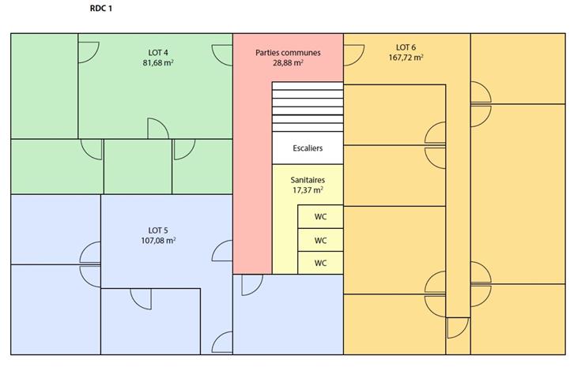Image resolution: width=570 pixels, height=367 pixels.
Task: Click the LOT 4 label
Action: tap(158, 52)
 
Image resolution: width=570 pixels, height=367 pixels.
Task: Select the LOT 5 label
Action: tap(158, 230)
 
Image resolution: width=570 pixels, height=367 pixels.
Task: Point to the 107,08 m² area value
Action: tap(158, 241)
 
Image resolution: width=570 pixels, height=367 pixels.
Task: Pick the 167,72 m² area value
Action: tap(405, 57)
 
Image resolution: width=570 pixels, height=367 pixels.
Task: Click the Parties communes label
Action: tap(288, 52)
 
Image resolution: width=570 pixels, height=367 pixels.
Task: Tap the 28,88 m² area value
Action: tap(288, 62)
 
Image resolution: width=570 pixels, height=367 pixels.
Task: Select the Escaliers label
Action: tap(308, 148)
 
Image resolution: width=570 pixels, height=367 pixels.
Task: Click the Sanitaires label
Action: tap(308, 179)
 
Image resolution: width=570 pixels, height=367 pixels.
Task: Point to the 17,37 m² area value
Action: tap(308, 189)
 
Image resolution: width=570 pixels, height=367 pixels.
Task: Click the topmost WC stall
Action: tap(320, 217)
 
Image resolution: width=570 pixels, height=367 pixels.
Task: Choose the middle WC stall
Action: tap(320, 240)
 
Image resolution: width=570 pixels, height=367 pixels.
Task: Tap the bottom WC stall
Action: tap(320, 263)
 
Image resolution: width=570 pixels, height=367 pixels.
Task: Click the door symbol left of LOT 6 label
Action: tap(353, 54)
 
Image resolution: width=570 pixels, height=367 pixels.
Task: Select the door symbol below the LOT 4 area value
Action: tap(157, 129)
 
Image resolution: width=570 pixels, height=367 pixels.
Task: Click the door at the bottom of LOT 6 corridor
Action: tap(456, 328)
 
